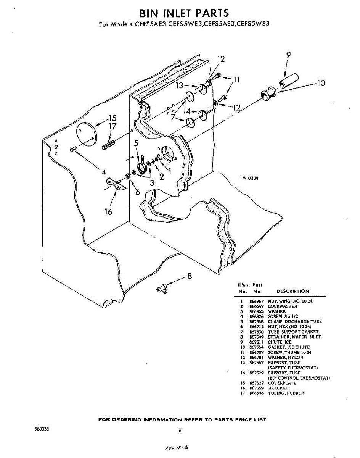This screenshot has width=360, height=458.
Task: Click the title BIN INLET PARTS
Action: [184, 13]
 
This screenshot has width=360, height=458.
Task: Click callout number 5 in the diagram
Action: [136, 144]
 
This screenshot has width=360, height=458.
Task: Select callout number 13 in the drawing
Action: [180, 86]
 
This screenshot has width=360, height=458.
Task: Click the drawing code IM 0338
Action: [250, 177]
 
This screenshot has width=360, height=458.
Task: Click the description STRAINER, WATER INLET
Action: [294, 337]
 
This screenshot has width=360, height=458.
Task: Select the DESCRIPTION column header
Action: [292, 291]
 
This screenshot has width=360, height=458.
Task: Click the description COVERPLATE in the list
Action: [282, 383]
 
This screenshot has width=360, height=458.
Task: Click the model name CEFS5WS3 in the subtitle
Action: [253, 24]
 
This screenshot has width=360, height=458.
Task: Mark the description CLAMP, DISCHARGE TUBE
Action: [295, 322]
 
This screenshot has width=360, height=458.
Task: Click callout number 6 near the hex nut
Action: [138, 193]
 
